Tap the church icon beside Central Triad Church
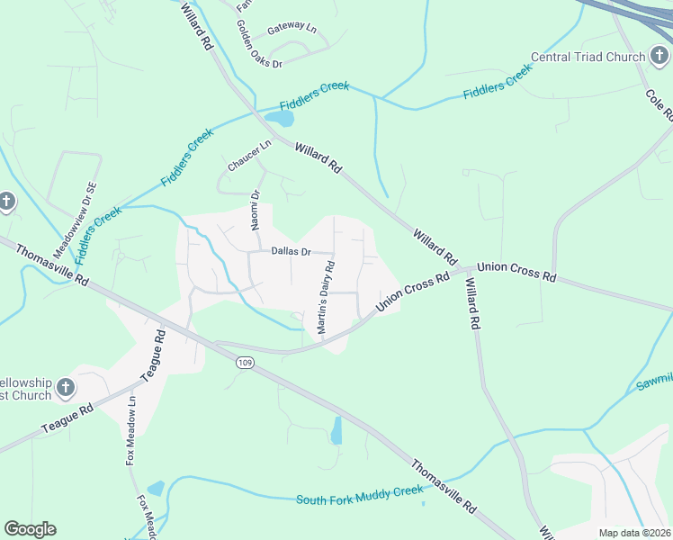[x=660, y=57]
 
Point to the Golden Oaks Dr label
[x=259, y=43]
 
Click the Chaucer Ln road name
[x=249, y=156]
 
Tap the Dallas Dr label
[x=291, y=252]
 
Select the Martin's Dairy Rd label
[x=325, y=298]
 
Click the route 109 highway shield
[x=244, y=362]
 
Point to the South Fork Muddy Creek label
[x=359, y=495]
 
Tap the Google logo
[x=30, y=529]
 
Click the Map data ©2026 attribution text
[x=634, y=533]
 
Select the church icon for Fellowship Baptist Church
[x=65, y=388]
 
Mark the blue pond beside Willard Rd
[x=280, y=119]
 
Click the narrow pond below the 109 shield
[x=336, y=431]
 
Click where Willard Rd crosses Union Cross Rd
[x=465, y=269]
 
